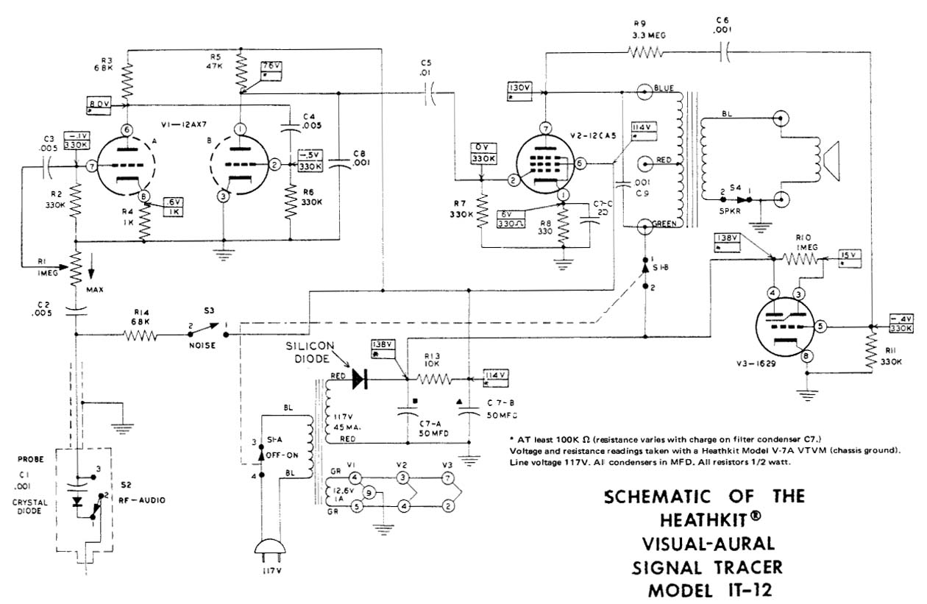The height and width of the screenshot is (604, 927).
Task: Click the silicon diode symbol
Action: coord(360,378)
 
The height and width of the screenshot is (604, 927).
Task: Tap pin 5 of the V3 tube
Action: coord(820,324)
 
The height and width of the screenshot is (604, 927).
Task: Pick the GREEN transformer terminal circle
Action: coord(645,225)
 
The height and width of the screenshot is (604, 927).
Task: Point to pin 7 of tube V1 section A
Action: coord(90,168)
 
